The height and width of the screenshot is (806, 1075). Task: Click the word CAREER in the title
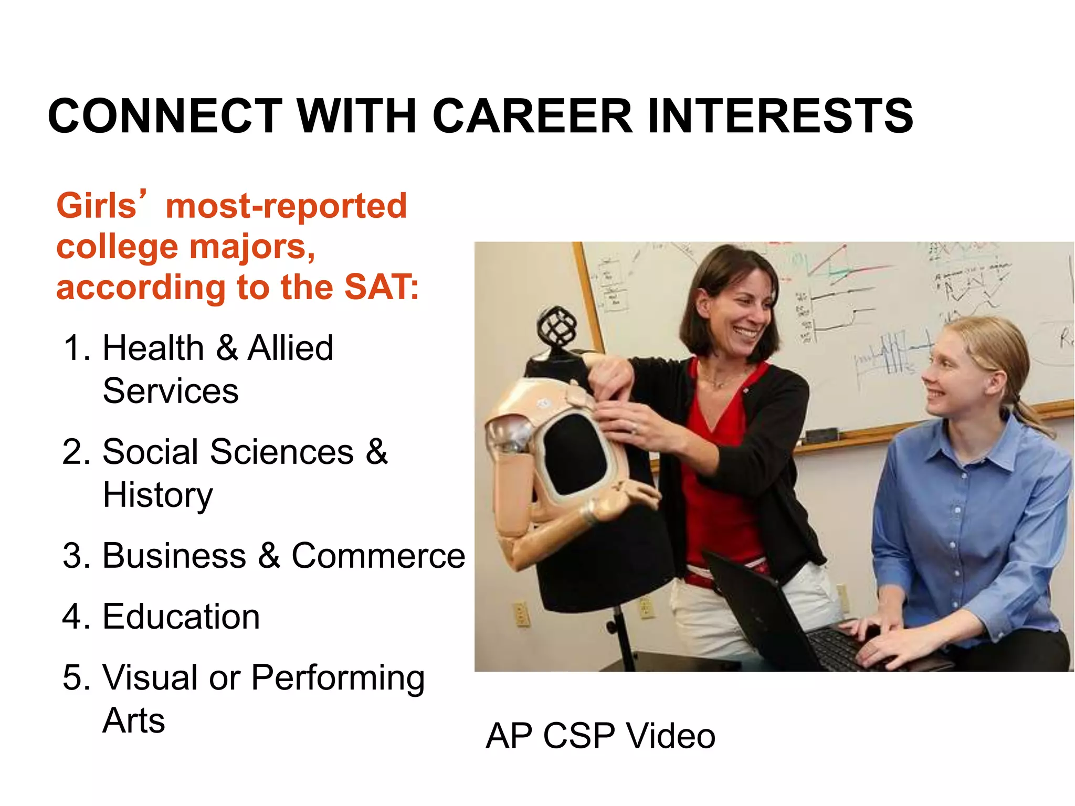tap(532, 116)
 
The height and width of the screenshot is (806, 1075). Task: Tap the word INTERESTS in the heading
tap(781, 116)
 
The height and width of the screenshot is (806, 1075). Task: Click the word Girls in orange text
tap(97, 205)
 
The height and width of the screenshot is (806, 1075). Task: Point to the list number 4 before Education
tap(72, 617)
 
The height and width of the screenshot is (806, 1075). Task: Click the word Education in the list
tap(181, 617)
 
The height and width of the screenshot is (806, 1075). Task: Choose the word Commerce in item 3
tap(378, 556)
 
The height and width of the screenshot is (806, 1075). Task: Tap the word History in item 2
tap(157, 495)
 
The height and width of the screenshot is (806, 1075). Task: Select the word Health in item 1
tap(153, 348)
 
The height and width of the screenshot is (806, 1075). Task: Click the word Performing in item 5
tap(338, 677)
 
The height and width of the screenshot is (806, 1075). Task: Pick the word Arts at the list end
tap(134, 720)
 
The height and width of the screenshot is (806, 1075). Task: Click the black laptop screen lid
tap(756, 603)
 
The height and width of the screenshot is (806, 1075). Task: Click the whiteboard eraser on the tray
tap(822, 435)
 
